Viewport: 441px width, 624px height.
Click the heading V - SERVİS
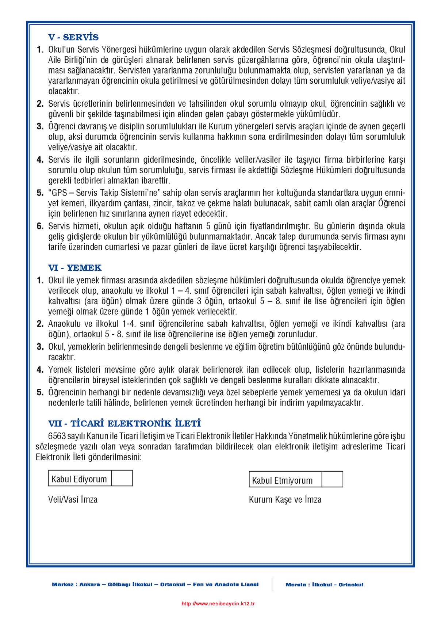[x=73, y=37]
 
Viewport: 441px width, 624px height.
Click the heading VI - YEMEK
[x=75, y=268]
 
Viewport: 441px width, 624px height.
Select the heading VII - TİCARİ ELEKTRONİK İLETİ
[x=124, y=423]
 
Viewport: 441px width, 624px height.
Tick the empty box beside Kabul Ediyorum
[x=122, y=478]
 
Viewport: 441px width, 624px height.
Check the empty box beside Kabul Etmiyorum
[x=332, y=480]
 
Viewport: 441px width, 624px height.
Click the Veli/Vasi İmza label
[x=73, y=499]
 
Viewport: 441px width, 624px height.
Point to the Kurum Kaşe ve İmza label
[x=285, y=499]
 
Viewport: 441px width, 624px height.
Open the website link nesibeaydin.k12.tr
[x=218, y=604]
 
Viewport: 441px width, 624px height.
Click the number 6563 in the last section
[x=57, y=436]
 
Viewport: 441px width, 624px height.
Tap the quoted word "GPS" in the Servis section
[x=59, y=193]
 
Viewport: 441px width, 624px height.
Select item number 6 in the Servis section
[x=40, y=226]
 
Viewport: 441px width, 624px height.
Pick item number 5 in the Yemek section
[x=40, y=392]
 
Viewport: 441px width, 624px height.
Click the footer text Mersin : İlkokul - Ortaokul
[x=324, y=585]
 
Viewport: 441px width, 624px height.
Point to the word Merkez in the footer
[x=62, y=585]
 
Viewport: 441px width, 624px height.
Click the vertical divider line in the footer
[x=272, y=584]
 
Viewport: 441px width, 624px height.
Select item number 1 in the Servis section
[x=40, y=50]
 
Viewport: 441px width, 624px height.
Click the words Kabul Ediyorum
[x=79, y=479]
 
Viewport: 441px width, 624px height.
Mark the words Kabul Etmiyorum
[x=282, y=480]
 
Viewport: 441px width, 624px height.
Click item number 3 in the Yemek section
[x=40, y=347]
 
